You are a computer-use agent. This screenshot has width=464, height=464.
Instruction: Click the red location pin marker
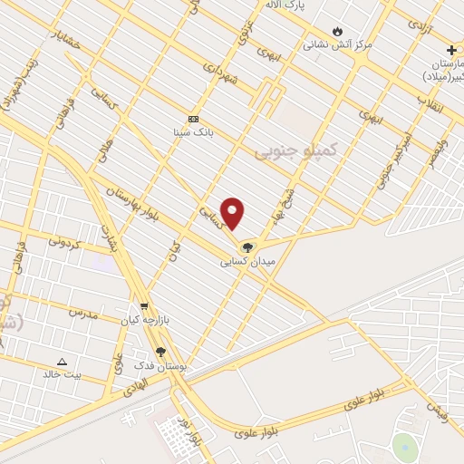[x=233, y=212]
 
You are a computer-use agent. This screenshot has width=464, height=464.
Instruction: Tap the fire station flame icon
[x=338, y=30]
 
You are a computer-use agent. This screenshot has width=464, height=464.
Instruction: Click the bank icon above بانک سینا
[x=193, y=119]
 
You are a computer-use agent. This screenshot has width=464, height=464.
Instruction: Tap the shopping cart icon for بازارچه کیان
[x=142, y=307]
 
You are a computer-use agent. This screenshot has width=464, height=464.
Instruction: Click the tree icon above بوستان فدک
[x=160, y=351]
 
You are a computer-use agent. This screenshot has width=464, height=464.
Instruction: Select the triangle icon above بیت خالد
[x=62, y=361]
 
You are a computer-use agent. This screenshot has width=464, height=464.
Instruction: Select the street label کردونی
[x=64, y=242]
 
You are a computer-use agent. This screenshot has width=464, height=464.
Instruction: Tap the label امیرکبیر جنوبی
[x=391, y=154]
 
